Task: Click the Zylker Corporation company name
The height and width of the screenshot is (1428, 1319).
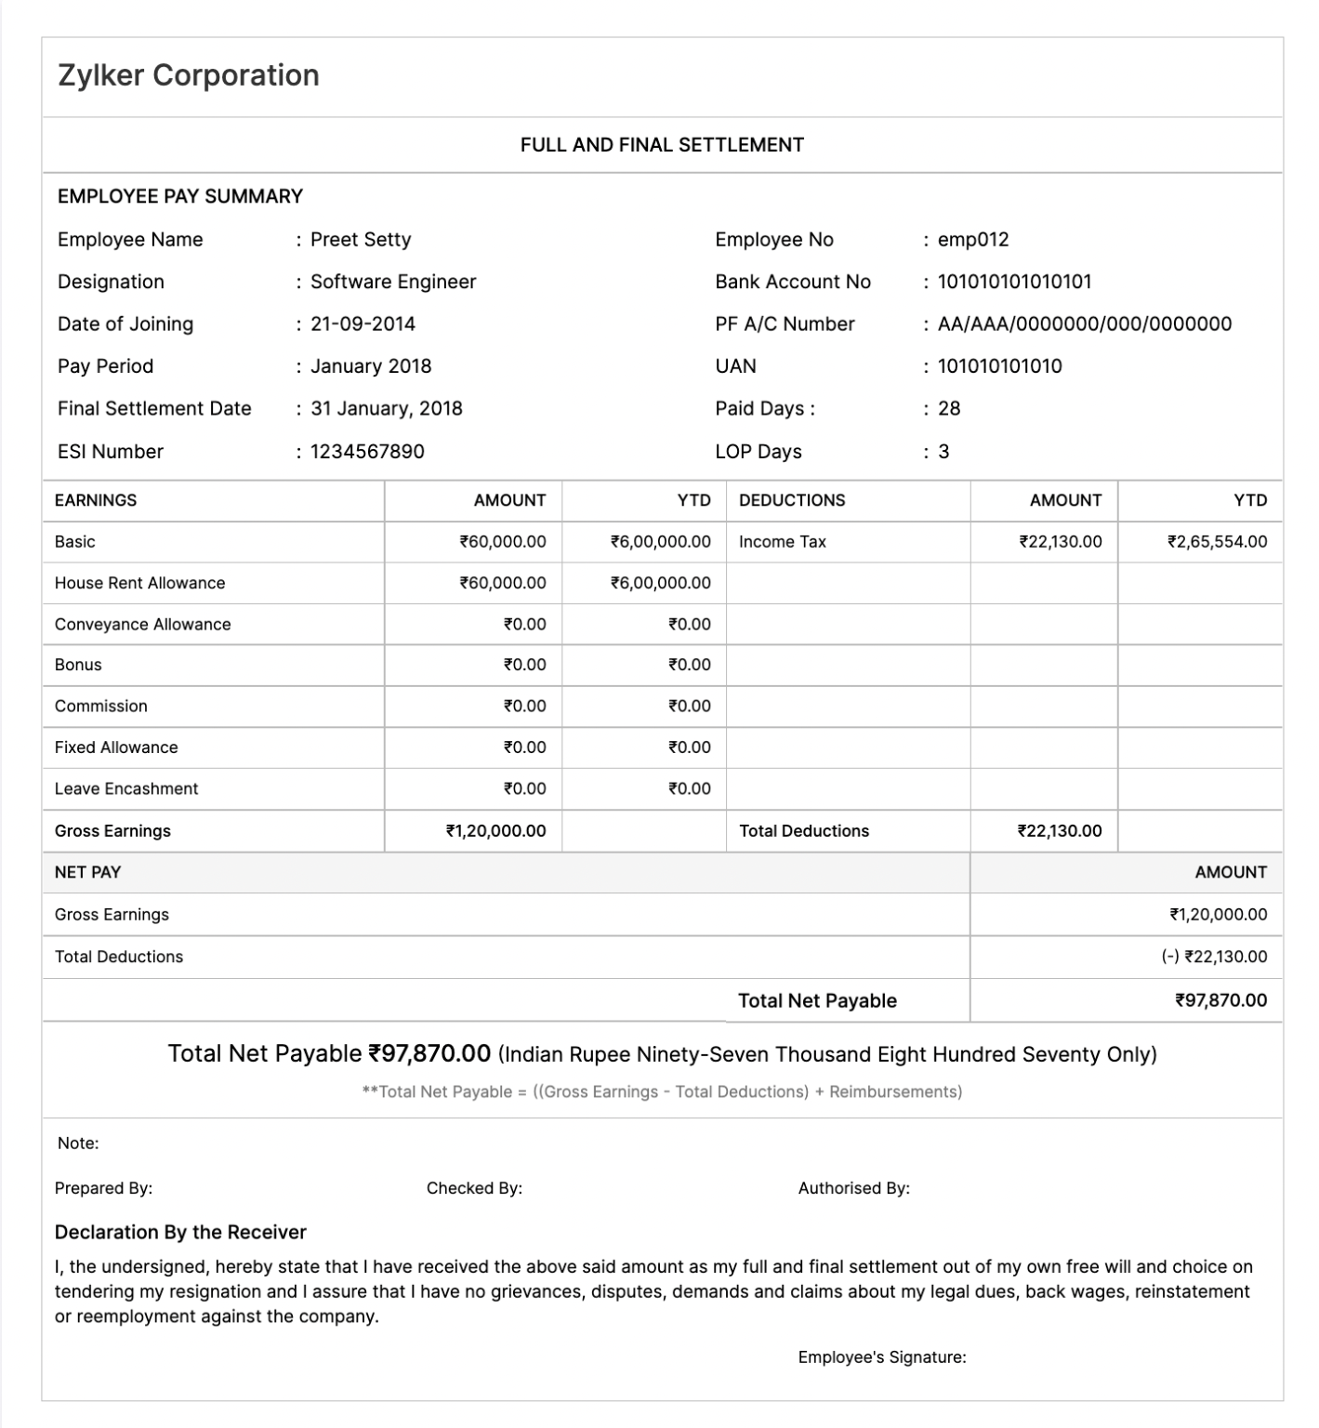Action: (189, 75)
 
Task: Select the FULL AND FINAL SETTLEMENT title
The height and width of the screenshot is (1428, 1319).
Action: (662, 145)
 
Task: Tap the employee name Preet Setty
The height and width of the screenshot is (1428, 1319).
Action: (361, 240)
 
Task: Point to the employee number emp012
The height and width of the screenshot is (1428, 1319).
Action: (973, 240)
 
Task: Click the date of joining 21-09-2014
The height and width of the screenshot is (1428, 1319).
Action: (363, 324)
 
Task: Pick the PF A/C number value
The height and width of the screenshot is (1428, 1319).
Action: (1085, 324)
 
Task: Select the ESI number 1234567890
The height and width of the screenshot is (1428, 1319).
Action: (367, 452)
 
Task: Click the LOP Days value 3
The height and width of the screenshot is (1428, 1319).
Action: (943, 452)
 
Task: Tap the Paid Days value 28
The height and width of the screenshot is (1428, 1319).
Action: (949, 409)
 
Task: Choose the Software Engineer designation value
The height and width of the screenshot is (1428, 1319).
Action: (393, 282)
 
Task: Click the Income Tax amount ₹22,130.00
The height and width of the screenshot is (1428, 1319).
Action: (1061, 542)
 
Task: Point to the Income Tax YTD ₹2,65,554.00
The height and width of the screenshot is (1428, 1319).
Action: (1217, 542)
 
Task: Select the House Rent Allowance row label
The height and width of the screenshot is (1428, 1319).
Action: (139, 584)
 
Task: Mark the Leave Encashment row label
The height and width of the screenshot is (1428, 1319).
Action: (126, 789)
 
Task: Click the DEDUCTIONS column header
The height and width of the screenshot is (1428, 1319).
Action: (792, 500)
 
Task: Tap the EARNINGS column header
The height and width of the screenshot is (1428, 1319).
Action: (96, 500)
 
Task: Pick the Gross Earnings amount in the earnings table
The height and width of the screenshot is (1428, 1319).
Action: (495, 831)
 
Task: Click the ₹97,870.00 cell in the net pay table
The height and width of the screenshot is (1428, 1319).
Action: (1220, 1001)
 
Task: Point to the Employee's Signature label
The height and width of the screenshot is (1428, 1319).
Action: (881, 1357)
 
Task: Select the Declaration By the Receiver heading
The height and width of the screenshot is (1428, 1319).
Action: (180, 1233)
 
